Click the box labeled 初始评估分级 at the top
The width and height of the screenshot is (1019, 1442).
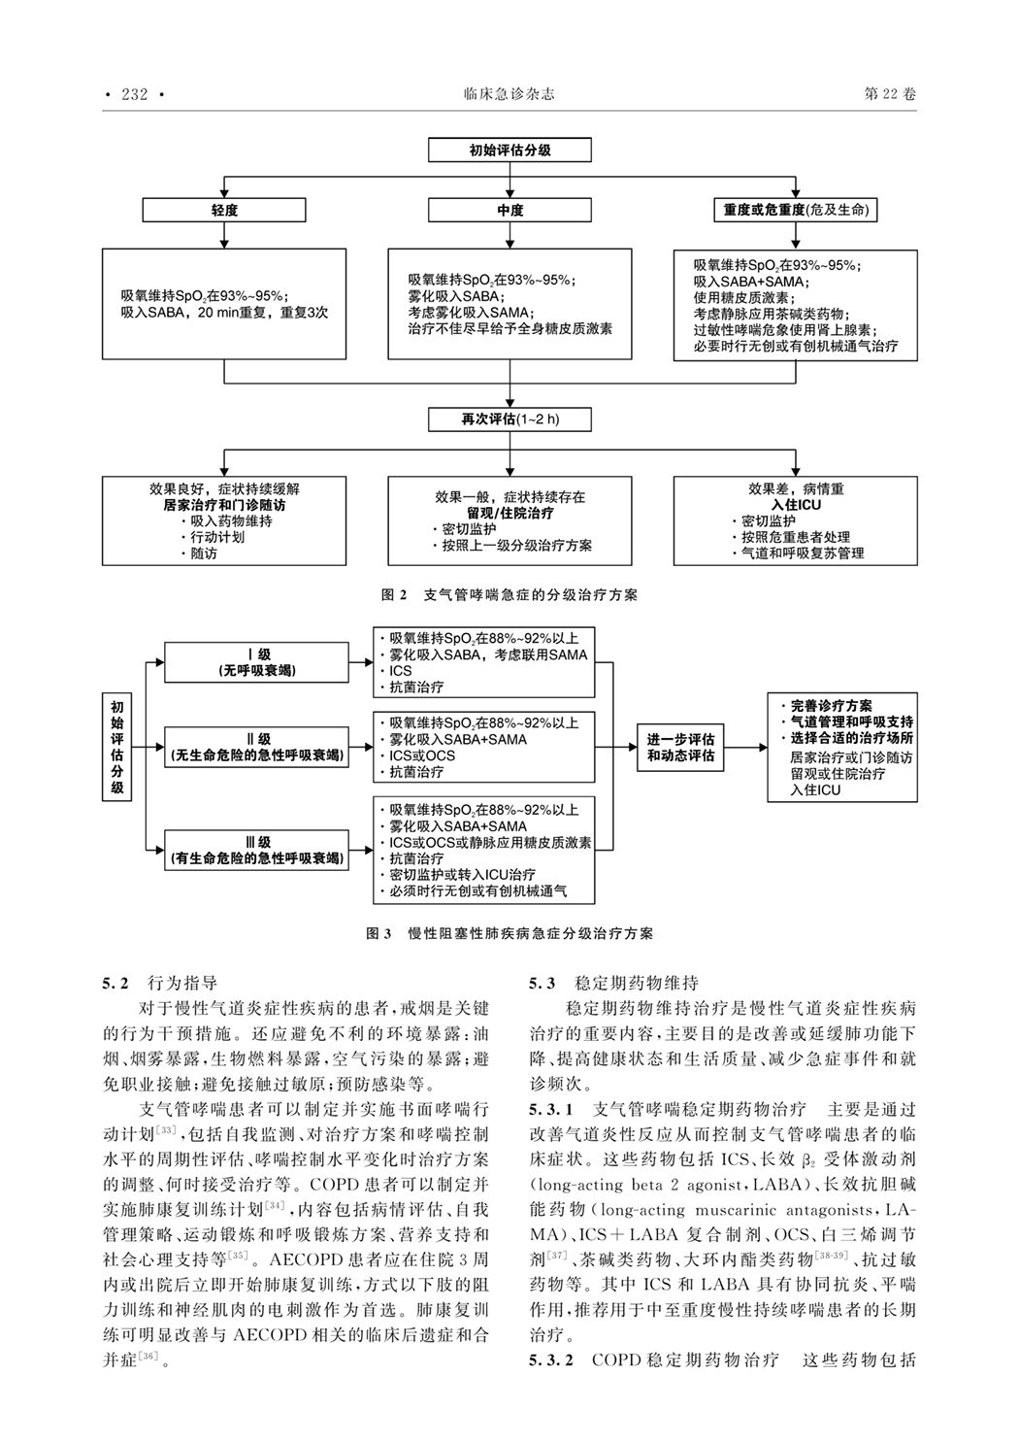509,151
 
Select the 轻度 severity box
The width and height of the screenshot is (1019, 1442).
224,210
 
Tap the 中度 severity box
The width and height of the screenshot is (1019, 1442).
509,210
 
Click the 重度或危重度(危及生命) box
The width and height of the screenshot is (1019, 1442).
795,210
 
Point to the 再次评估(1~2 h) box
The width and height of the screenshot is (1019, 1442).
509,419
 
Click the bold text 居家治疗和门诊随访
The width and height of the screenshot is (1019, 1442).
224,506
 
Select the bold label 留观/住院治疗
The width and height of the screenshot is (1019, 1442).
509,513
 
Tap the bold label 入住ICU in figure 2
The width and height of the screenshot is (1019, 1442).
795,506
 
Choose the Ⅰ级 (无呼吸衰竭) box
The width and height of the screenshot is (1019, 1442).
257,662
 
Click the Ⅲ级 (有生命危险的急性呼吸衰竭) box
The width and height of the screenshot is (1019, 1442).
257,851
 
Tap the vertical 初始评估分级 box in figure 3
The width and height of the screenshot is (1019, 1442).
117,747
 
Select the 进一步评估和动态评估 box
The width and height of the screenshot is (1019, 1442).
680,747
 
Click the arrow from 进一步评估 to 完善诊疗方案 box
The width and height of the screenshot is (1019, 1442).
744,747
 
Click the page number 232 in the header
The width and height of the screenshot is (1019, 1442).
135,94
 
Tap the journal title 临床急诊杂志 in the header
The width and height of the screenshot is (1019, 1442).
509,94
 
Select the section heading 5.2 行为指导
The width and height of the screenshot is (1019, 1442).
161,983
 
